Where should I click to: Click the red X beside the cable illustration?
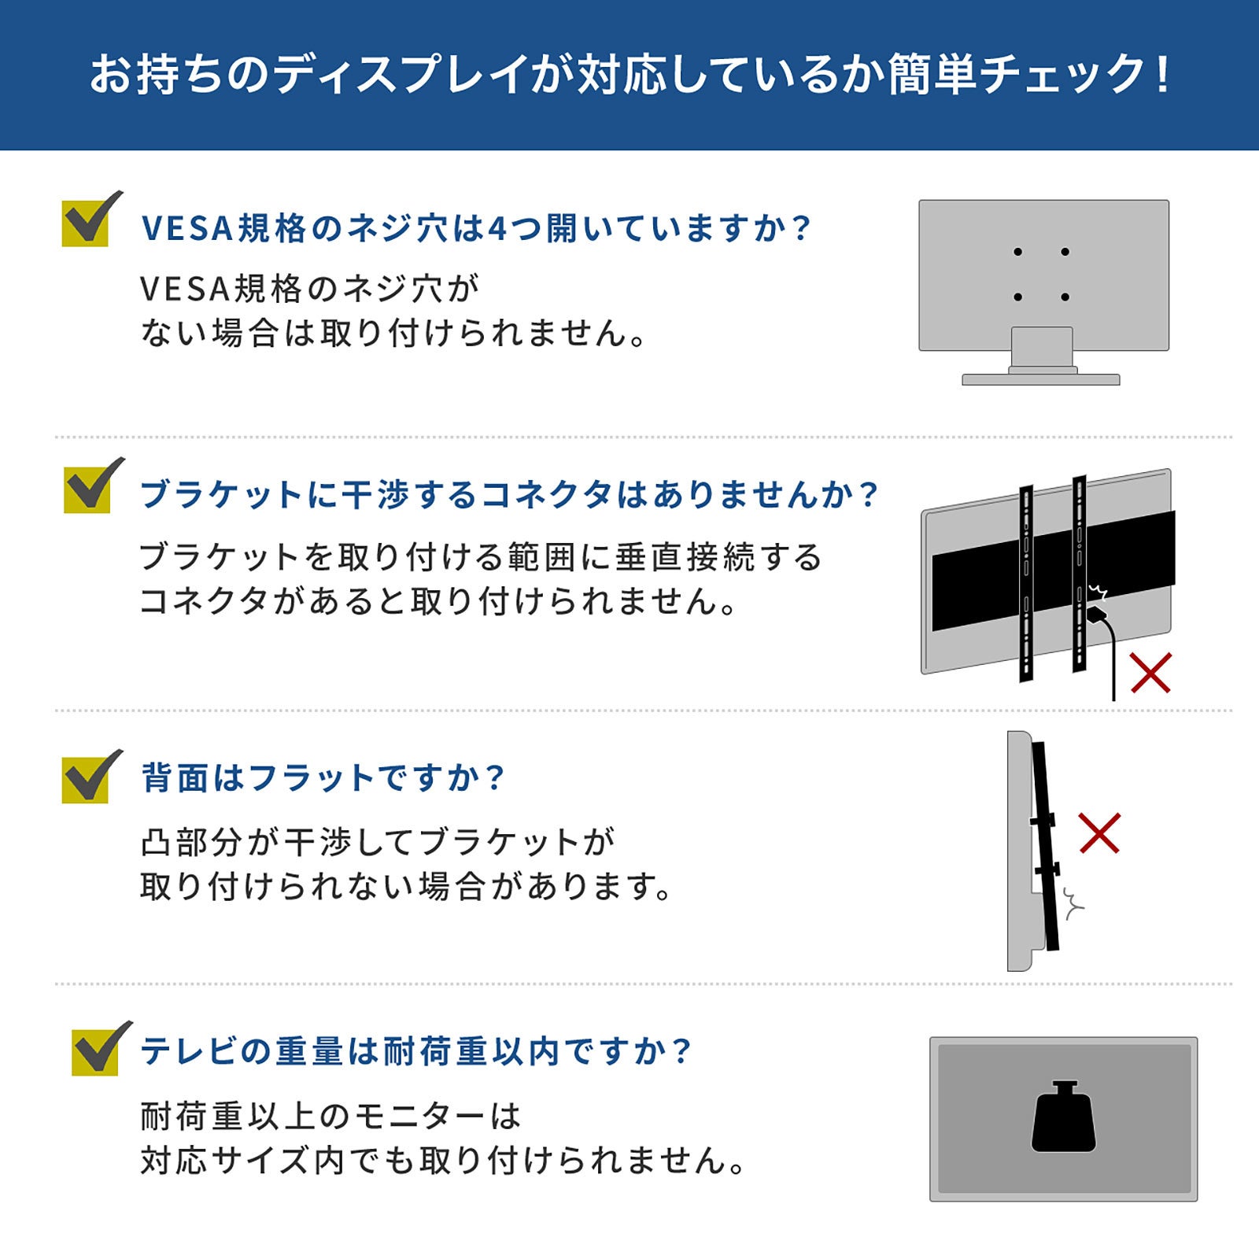(1150, 673)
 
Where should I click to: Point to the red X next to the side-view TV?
(1099, 833)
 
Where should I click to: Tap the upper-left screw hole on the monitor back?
(1017, 252)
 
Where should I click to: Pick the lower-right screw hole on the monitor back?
(1065, 297)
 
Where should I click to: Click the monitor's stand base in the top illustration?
(1040, 379)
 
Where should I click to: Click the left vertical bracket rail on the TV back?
(1026, 583)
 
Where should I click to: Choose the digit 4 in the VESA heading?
(497, 229)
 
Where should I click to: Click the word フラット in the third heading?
(311, 777)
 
